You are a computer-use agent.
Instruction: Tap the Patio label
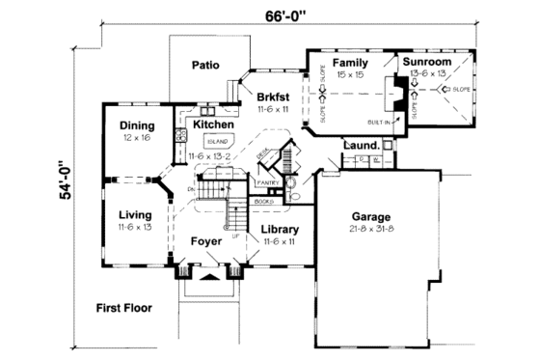[x=203, y=66]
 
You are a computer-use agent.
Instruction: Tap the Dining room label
[x=137, y=125]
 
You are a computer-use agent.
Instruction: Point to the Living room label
[x=136, y=214]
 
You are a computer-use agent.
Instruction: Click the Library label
[x=281, y=230]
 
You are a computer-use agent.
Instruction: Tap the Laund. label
[x=360, y=146]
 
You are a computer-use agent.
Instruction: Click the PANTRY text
[x=267, y=181]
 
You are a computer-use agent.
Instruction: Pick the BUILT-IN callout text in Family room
[x=379, y=123]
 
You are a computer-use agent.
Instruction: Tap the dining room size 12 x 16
[x=137, y=138]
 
